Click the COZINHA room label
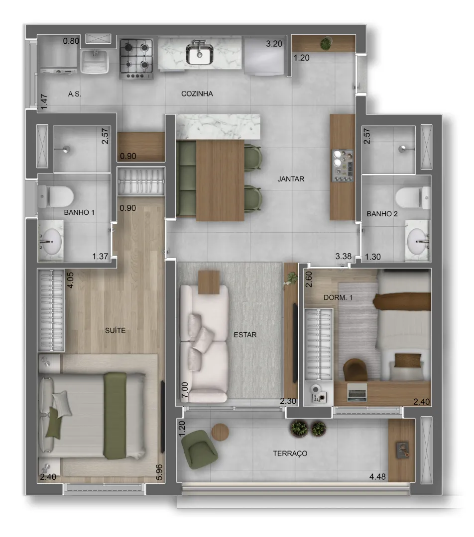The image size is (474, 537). coord(197,94)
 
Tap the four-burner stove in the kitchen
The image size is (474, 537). coord(136,58)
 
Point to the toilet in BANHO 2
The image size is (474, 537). coord(413,198)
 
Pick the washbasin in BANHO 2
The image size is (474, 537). coord(418,241)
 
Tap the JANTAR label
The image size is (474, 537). coord(291,179)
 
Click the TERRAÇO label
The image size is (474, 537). coord(290,453)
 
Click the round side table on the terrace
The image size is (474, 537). coord(220,432)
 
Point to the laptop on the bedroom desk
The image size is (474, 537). coord(357,392)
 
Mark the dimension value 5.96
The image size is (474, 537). coord(159,472)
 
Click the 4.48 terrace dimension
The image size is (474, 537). coord(377,477)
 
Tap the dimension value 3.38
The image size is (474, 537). coord(344,256)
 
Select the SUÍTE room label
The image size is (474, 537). coord(115,331)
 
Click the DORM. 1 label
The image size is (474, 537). coord(338,298)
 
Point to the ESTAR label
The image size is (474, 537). coord(245,335)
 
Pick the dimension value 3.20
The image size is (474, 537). coord(274,44)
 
